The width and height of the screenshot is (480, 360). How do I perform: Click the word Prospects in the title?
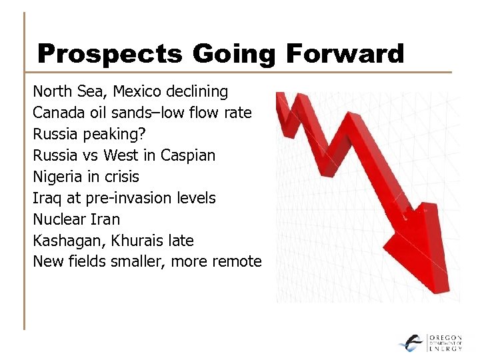point(109,53)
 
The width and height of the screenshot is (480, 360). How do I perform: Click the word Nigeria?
point(58,177)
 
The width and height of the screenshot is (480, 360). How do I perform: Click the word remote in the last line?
point(238,261)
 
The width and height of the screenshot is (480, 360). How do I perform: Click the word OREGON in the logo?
point(445,337)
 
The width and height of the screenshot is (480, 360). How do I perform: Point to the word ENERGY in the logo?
point(445,348)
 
